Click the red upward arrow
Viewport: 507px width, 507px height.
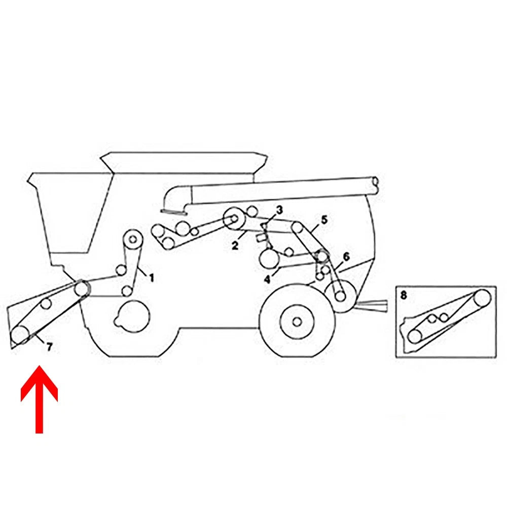tap(39, 400)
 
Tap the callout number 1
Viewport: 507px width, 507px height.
tap(151, 278)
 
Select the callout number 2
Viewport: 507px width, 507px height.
tap(235, 246)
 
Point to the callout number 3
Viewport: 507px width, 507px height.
tap(279, 210)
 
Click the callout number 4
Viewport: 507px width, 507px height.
tap(267, 279)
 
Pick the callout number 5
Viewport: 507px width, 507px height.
tap(324, 220)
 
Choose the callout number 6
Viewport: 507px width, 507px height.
tap(346, 257)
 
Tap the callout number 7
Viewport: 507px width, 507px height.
tap(49, 347)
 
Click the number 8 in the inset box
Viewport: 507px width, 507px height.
tap(404, 295)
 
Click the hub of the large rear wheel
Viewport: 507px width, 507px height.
tap(297, 322)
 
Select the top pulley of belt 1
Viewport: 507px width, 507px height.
tap(132, 240)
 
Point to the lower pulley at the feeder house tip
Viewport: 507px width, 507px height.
tap(20, 335)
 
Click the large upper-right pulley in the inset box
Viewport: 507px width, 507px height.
tap(482, 298)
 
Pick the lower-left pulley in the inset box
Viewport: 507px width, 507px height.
tap(415, 336)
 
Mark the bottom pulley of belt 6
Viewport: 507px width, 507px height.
tap(340, 296)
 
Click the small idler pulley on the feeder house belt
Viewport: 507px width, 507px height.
tap(46, 304)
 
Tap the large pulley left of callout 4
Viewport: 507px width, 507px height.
tap(269, 259)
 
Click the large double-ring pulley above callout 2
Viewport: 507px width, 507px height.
tap(234, 219)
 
